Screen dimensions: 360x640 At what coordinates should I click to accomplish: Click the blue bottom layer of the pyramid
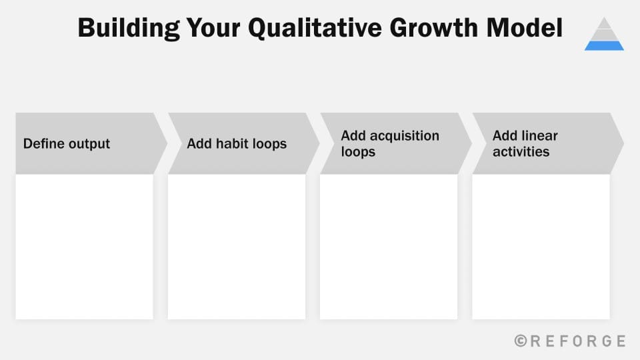pyautogui.click(x=604, y=45)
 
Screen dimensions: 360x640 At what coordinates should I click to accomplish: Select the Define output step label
pyautogui.click(x=67, y=144)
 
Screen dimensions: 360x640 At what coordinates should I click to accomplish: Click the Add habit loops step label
pyautogui.click(x=237, y=144)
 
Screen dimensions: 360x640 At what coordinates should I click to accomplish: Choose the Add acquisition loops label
pyautogui.click(x=389, y=144)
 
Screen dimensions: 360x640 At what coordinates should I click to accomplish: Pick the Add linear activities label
pyautogui.click(x=525, y=144)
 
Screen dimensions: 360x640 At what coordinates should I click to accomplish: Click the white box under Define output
pyautogui.click(x=85, y=247)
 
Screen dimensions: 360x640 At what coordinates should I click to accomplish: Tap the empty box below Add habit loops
pyautogui.click(x=237, y=247)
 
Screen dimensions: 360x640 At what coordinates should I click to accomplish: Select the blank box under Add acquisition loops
pyautogui.click(x=389, y=247)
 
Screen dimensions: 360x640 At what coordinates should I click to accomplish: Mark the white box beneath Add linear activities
pyautogui.click(x=541, y=247)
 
